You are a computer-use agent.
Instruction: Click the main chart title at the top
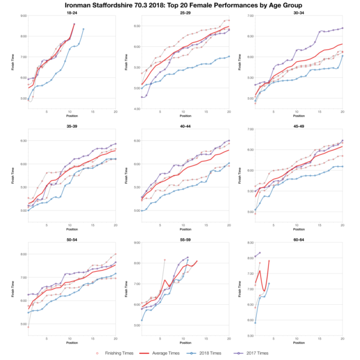[x=180, y=5]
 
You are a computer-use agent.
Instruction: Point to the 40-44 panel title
[x=184, y=128]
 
